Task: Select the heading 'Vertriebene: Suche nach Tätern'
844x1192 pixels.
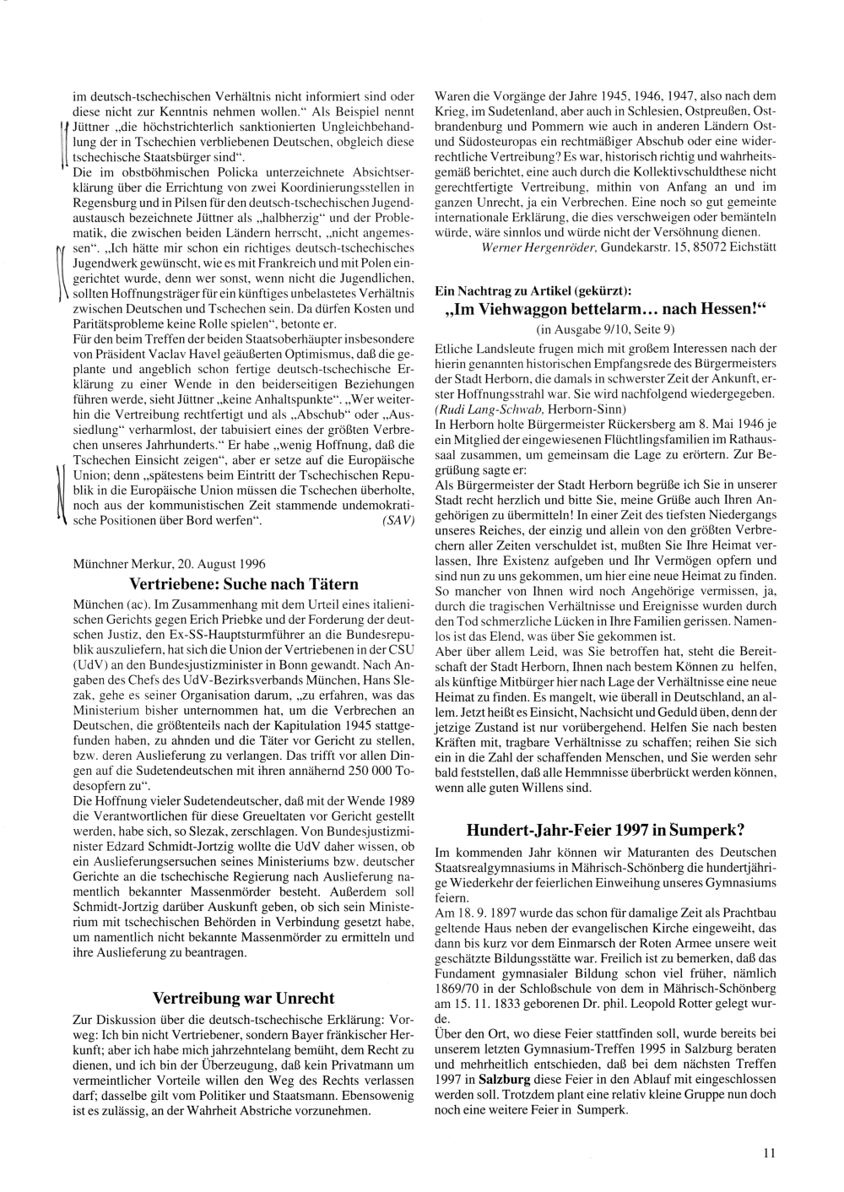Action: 244,583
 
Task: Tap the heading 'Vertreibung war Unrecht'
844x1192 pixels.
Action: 244,997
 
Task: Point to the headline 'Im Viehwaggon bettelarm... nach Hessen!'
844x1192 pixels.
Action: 605,310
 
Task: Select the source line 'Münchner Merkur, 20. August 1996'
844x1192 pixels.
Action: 163,563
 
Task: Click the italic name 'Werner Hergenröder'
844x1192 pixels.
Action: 529,249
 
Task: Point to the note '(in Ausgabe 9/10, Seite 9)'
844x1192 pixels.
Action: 605,328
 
